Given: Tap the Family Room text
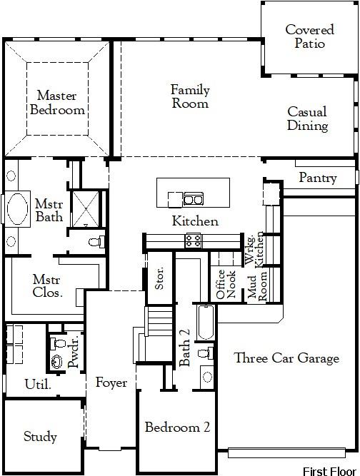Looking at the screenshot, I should (190, 96).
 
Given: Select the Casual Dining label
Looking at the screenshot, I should (307, 119).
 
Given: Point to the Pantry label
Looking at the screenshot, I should (317, 178).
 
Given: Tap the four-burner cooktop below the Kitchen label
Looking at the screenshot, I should (193, 240).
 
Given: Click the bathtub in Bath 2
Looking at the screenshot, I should (205, 323).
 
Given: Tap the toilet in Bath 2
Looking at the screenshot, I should (204, 353).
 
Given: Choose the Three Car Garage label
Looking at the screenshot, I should (286, 358).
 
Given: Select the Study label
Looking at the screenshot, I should (40, 437).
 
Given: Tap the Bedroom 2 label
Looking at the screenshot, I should (177, 427).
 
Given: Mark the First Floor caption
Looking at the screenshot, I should (329, 470).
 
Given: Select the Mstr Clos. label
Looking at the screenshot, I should (47, 285).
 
